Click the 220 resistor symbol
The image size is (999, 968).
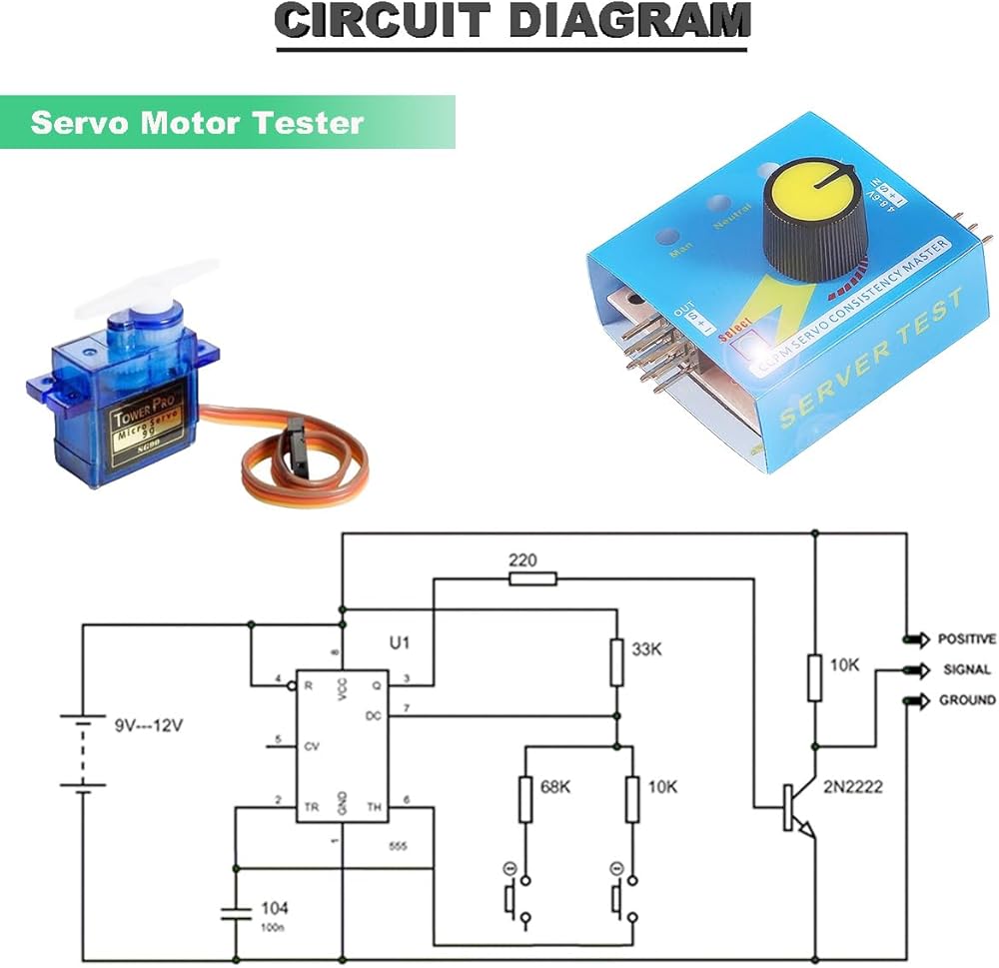click(532, 578)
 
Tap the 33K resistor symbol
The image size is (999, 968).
click(616, 661)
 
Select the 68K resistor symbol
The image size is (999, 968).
click(525, 799)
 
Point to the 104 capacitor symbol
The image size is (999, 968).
click(236, 912)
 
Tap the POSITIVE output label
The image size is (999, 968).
click(966, 639)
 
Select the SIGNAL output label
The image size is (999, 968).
click(966, 670)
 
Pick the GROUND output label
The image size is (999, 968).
click(966, 700)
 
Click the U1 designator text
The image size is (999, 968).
click(399, 643)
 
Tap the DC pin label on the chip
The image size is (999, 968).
click(373, 716)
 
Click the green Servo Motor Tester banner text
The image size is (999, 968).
click(197, 123)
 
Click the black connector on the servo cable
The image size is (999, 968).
click(296, 437)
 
